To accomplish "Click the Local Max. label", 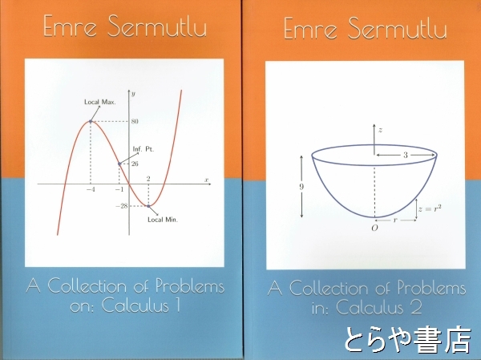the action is tap(100, 102).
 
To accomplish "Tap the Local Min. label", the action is tap(163, 220).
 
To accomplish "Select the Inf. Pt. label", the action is tap(143, 149).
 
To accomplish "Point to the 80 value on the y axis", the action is tap(135, 122).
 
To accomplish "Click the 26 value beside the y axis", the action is tap(135, 164).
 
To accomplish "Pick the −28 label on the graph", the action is tap(122, 206).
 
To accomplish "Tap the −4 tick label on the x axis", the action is tap(91, 190).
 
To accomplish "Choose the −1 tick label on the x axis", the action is tap(119, 190).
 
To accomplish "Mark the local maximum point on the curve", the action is tap(91, 122).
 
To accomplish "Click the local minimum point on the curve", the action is tap(148, 206).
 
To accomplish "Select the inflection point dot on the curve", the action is tap(119, 164).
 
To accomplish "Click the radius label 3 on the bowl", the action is tap(405, 155).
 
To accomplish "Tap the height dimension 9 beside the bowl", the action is tap(301, 187).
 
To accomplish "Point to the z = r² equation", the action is tap(430, 208).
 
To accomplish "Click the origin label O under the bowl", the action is tap(374, 228).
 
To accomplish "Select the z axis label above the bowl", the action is tap(380, 130).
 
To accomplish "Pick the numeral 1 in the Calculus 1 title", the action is tap(178, 305).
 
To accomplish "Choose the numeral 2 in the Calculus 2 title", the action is tap(417, 307).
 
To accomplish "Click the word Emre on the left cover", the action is tap(71, 26).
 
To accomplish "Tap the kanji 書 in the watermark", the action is tap(425, 340).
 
